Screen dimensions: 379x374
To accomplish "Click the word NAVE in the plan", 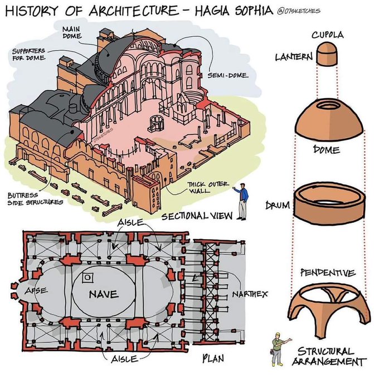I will (103, 294).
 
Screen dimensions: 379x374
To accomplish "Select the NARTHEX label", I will (248, 293).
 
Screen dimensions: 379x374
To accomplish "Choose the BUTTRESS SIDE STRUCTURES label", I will (31, 199).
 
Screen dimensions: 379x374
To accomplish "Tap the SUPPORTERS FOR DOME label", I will (29, 54).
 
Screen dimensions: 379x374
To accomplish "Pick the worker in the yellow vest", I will (276, 348).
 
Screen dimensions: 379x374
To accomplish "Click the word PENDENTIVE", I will (327, 273).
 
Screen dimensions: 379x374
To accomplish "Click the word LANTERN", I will (293, 56).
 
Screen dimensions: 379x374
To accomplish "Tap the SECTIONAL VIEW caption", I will (193, 215).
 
